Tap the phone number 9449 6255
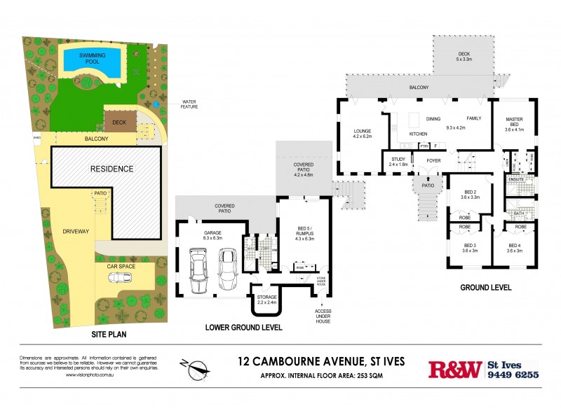tap(513, 375)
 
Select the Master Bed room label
tap(515, 125)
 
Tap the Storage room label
tap(266, 300)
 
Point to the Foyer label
tap(434, 160)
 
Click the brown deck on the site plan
tap(115, 124)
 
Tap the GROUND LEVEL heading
tap(485, 288)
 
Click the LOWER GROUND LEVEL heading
tap(243, 328)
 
